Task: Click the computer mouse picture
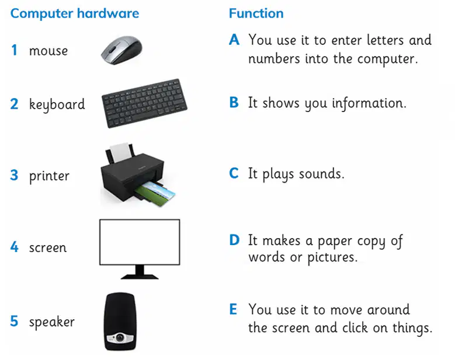[x=121, y=50]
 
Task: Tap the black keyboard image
[x=144, y=103]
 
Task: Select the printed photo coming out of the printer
[x=155, y=193]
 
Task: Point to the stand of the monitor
[x=140, y=272]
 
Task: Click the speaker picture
[x=120, y=321]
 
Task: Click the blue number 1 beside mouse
[x=14, y=50]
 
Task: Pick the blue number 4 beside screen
[x=14, y=247]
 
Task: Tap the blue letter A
[x=234, y=40]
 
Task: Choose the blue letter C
[x=234, y=173]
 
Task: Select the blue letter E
[x=233, y=309]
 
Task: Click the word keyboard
[x=57, y=104]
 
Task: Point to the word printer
[x=49, y=176]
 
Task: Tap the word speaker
[x=51, y=321]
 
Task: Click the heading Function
[x=256, y=13]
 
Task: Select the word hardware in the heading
[x=108, y=13]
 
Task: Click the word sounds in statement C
[x=321, y=174]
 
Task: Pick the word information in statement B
[x=369, y=103]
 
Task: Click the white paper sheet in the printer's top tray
[x=120, y=152]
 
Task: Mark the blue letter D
[x=234, y=240]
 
